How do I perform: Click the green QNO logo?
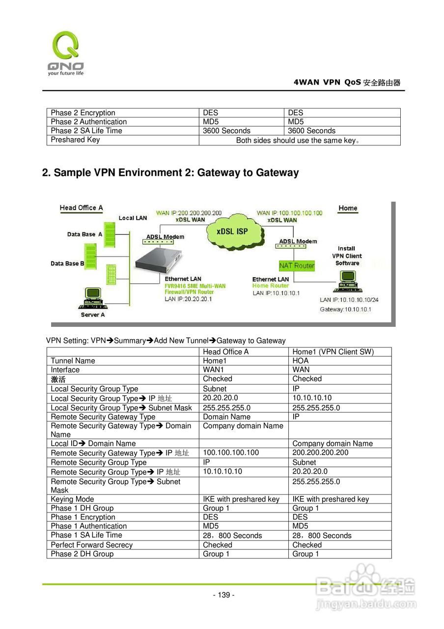pos(65,51)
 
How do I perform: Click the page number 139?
pos(223,595)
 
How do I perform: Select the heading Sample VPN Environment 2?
pos(170,172)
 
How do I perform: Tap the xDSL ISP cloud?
pos(232,231)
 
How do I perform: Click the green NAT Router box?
pos(297,265)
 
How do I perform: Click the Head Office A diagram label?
pos(81,208)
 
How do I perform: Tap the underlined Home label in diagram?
pos(348,208)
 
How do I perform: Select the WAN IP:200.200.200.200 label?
pos(189,213)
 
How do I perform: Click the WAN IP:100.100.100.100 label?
pos(289,213)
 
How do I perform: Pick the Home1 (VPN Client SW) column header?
pos(333,352)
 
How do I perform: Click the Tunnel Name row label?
pos(73,361)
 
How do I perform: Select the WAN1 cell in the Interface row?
pos(213,370)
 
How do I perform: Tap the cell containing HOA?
pos(300,361)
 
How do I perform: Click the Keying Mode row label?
pos(72,499)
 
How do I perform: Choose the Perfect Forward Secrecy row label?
pos(91,545)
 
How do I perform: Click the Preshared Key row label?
pos(75,140)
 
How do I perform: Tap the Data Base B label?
pos(67,264)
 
